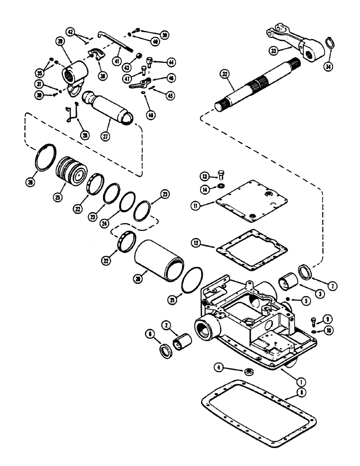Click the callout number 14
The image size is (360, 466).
[205, 188]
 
